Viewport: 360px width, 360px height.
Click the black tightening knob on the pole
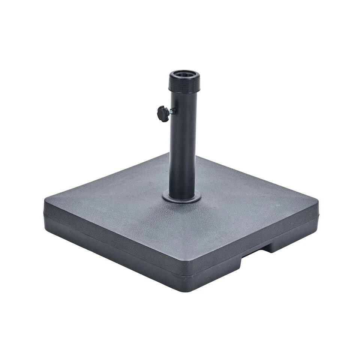point(163,114)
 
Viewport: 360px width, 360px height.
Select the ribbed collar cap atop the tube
point(184,84)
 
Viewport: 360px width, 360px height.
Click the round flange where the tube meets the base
point(181,197)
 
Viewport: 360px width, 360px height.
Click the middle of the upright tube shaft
point(183,150)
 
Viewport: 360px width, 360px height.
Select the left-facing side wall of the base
point(112,244)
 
